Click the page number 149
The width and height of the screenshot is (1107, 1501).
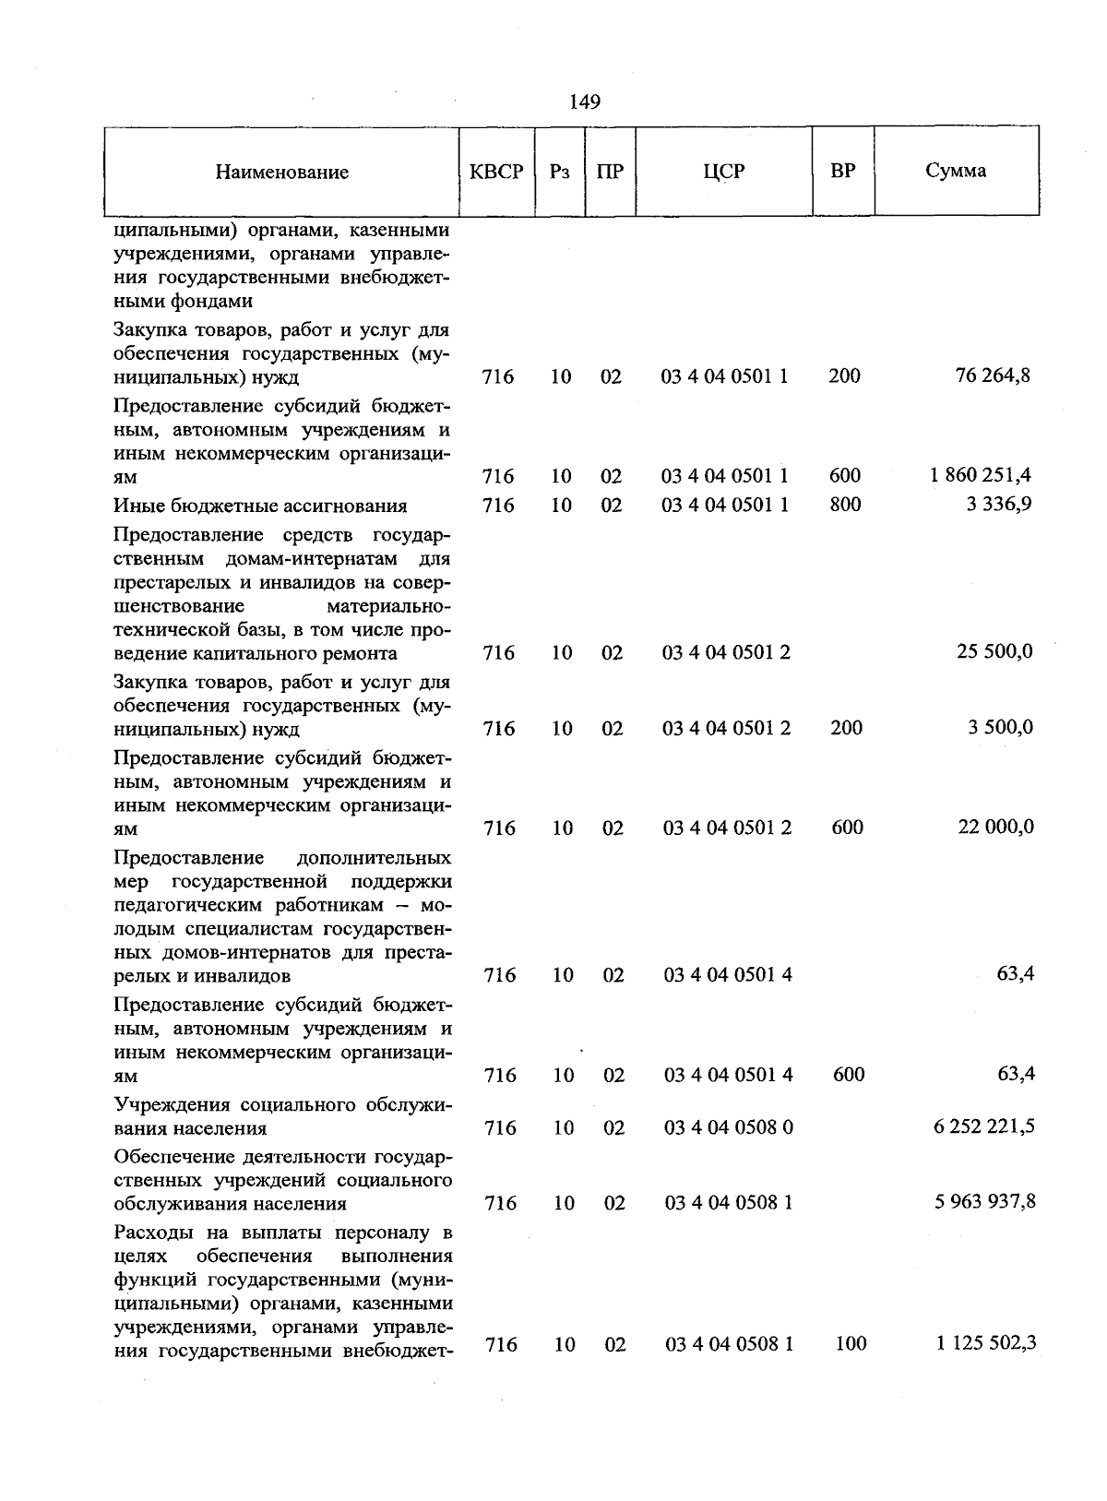(585, 101)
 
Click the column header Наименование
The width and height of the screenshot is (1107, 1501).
(282, 173)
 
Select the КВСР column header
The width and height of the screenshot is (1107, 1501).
(496, 172)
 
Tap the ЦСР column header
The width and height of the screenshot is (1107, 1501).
(723, 172)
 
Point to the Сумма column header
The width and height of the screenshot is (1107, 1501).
(956, 171)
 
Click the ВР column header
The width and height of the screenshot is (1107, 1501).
(842, 171)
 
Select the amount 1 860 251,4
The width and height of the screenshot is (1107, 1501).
(981, 475)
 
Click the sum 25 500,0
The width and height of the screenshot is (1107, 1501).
(994, 652)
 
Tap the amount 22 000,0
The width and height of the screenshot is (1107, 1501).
(995, 827)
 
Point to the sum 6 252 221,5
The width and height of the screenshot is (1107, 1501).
(983, 1127)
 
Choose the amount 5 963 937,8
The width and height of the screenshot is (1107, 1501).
(984, 1202)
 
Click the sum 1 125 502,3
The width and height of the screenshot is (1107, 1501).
(985, 1343)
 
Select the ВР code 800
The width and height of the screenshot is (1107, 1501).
(845, 505)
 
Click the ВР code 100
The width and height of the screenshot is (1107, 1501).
(850, 1344)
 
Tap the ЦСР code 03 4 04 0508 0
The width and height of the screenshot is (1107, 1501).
(729, 1128)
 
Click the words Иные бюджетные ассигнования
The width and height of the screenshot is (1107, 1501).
(260, 506)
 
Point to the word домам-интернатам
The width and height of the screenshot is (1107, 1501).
(314, 559)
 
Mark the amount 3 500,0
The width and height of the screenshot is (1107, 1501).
(1000, 727)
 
